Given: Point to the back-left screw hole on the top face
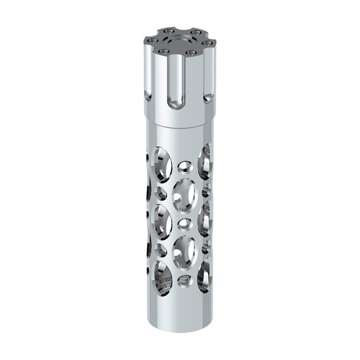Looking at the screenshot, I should [x=169, y=30].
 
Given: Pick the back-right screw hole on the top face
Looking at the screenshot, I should [x=194, y=31].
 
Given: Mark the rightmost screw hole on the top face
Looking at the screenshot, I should [x=207, y=41].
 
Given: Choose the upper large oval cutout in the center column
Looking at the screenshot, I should [x=185, y=195].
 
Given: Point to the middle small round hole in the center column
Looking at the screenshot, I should [x=185, y=223].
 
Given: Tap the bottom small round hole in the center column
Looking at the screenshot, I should [x=184, y=278].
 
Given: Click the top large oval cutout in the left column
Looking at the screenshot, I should [x=162, y=163].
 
